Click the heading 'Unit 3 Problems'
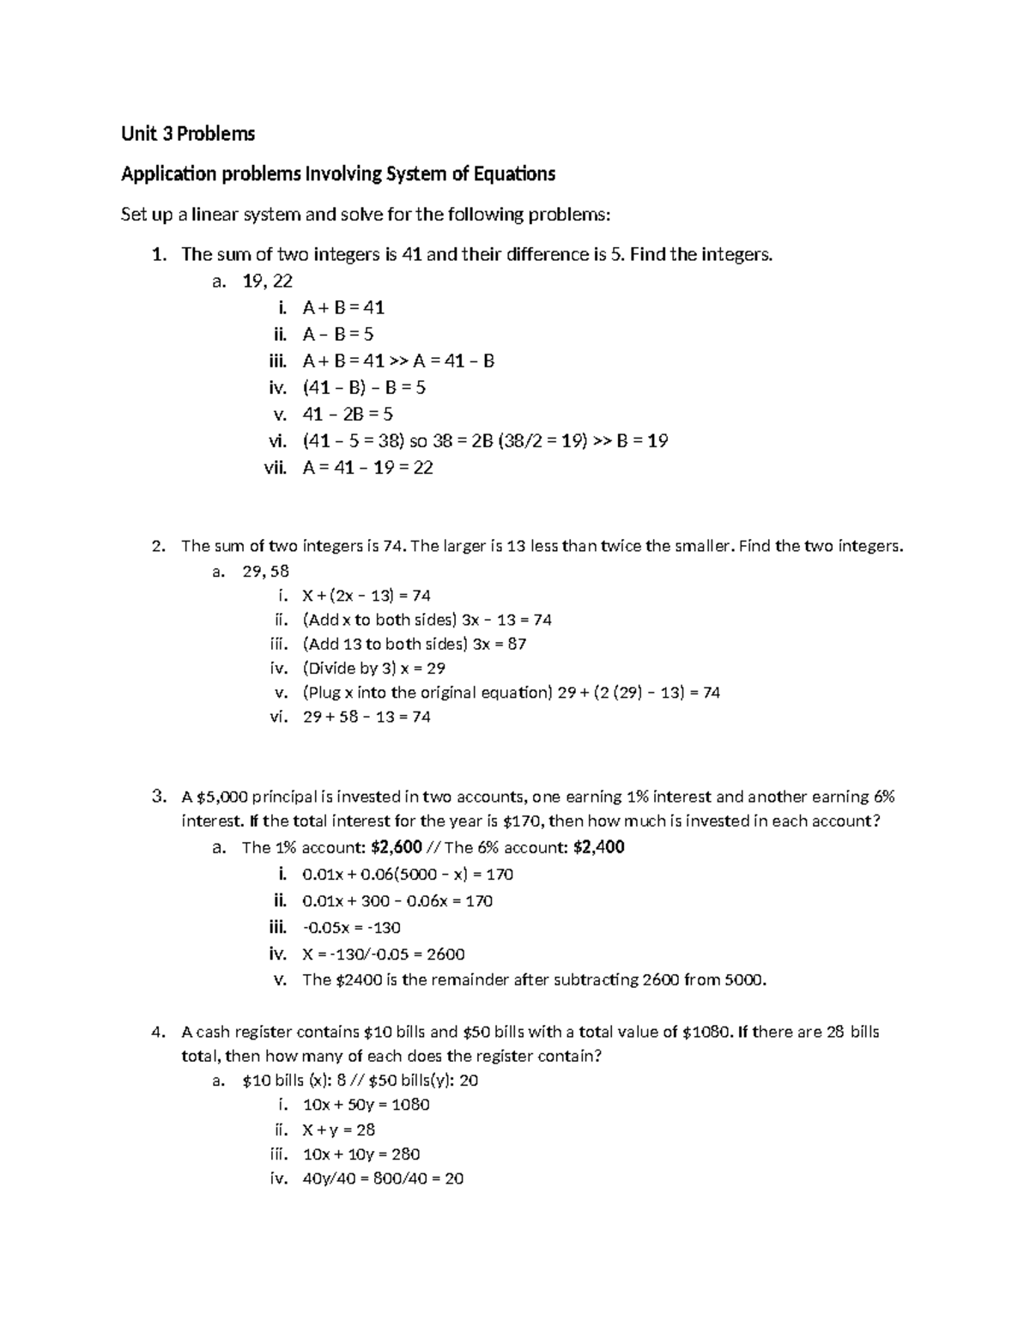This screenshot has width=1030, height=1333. [x=188, y=134]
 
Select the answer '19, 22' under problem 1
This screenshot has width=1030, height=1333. [x=268, y=281]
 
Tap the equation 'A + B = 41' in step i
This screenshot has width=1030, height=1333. [x=343, y=307]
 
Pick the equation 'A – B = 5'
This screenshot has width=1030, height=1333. [x=338, y=334]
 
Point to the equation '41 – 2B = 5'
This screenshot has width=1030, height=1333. [x=348, y=414]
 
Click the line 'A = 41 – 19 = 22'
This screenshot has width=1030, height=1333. [x=367, y=468]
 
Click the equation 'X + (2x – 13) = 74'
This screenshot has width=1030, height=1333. [x=367, y=596]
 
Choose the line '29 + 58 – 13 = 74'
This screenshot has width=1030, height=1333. [x=367, y=717]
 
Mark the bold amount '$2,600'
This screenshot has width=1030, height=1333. [x=397, y=847]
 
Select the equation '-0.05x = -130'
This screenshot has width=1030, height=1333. [x=351, y=927]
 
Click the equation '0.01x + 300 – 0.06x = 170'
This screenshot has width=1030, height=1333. [x=397, y=900]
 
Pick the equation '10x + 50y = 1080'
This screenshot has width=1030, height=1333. [x=367, y=1105]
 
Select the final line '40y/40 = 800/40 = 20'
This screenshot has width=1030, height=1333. [x=383, y=1178]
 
